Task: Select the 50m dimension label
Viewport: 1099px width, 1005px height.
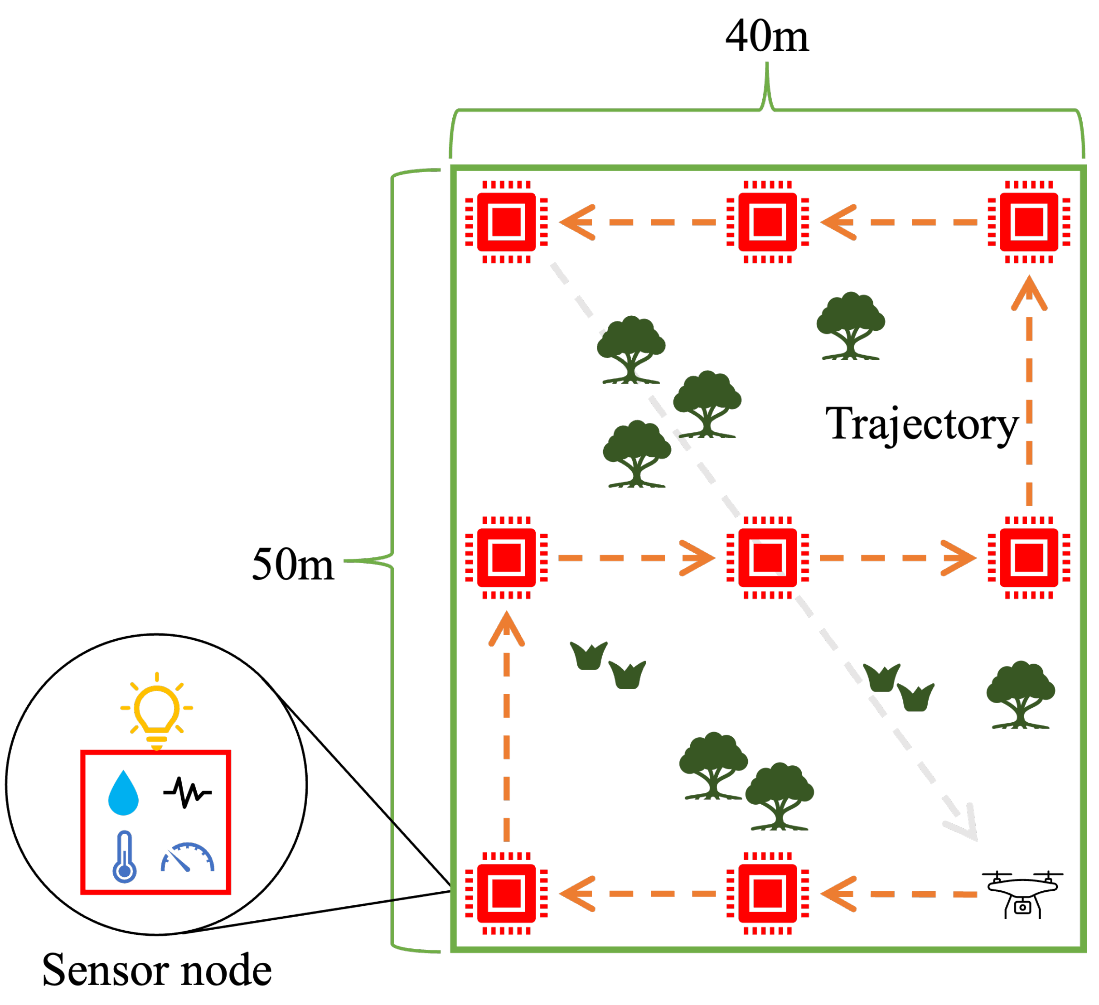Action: (x=292, y=565)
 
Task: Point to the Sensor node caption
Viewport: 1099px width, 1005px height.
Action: (x=156, y=971)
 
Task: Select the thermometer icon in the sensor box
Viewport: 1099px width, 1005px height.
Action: (x=124, y=857)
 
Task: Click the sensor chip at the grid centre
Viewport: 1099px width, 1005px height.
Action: (x=768, y=558)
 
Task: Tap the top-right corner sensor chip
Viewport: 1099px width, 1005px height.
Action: (x=1029, y=222)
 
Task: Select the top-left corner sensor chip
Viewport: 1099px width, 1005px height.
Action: (x=506, y=222)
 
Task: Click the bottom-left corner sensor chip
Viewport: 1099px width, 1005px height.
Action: (x=506, y=894)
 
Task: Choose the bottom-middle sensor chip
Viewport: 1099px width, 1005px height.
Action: (x=768, y=894)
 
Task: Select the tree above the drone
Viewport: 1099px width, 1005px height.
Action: (x=1021, y=695)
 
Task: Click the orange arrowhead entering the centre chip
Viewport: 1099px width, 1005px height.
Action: (x=699, y=558)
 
